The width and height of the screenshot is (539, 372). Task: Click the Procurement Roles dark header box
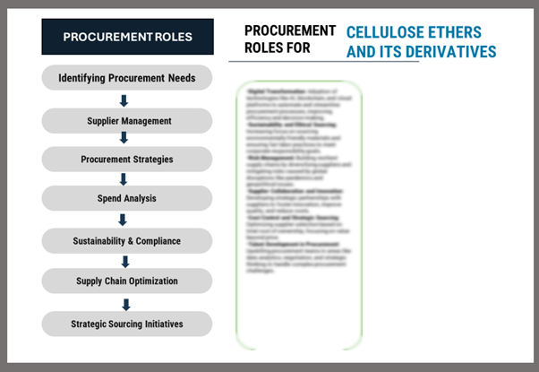[x=127, y=37]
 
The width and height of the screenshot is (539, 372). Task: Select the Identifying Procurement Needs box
[x=126, y=78]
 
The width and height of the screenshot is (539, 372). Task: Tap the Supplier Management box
[x=126, y=120]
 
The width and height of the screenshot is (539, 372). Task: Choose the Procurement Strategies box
[x=126, y=160]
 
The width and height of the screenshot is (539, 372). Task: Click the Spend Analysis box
[x=126, y=199]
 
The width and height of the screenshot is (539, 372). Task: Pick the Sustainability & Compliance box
[x=126, y=240]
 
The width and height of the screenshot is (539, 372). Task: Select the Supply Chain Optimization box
[x=126, y=281]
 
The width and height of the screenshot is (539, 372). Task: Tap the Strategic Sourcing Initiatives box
[x=126, y=323]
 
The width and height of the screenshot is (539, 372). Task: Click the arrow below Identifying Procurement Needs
[x=124, y=99]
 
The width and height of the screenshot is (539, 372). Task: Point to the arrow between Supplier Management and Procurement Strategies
[x=124, y=139]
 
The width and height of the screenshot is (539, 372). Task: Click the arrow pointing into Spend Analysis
[x=124, y=179]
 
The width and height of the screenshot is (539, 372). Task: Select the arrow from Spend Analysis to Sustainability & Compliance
[x=124, y=220]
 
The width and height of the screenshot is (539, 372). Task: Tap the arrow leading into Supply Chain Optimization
[x=124, y=262]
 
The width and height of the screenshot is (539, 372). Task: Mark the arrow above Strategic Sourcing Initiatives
[x=124, y=302]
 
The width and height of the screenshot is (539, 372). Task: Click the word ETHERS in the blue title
[x=455, y=33]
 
